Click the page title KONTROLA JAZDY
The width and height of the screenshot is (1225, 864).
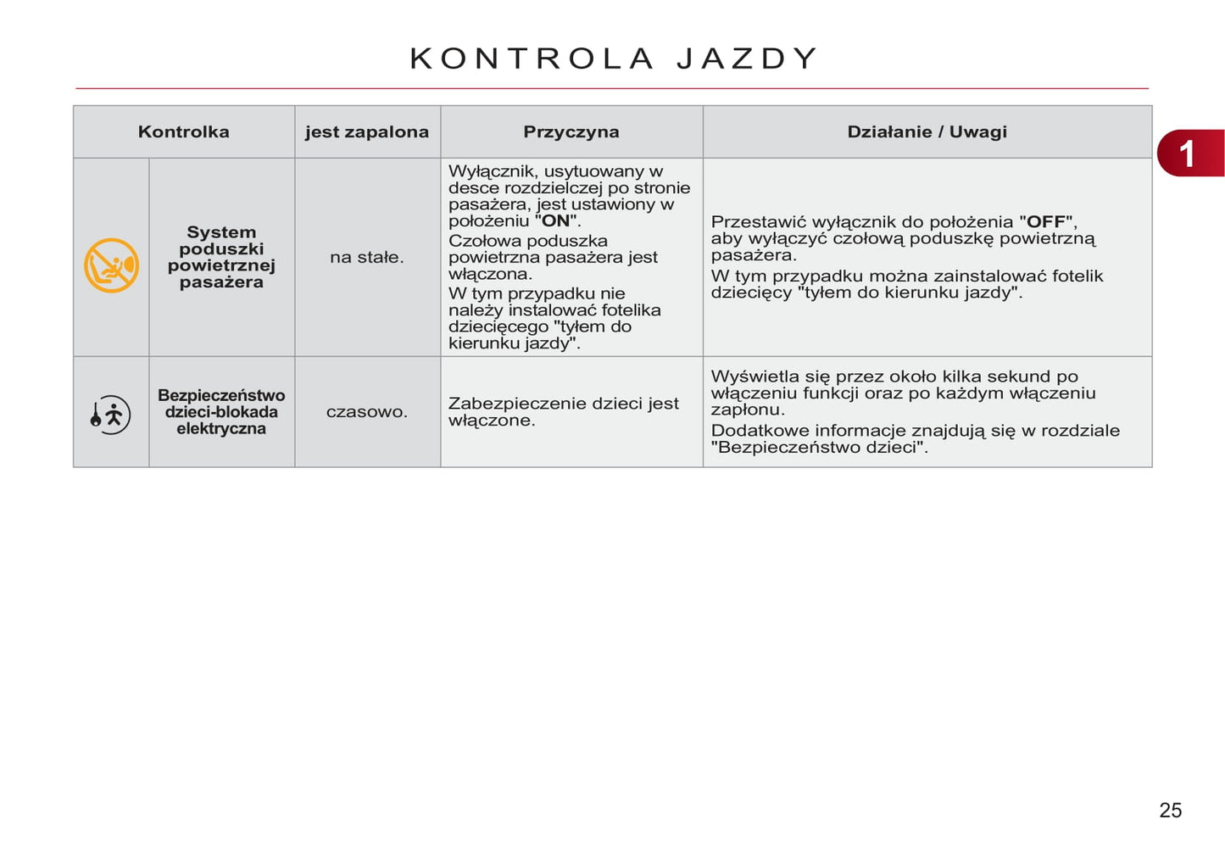[x=614, y=59]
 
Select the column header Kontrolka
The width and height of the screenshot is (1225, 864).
[x=183, y=132]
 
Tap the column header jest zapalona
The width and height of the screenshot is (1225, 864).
[x=367, y=132]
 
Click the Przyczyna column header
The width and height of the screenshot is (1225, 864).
[x=571, y=132]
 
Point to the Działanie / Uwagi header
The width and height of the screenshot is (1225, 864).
[x=927, y=132]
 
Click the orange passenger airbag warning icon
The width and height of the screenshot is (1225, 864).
[x=111, y=265]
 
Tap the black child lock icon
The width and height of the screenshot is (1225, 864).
[x=110, y=415]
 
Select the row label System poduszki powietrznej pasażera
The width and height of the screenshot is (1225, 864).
[x=221, y=257]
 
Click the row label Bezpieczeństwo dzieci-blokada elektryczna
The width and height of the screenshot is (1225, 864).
[x=221, y=412]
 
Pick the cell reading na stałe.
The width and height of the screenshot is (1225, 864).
[x=367, y=257]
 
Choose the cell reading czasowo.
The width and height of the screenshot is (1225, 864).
[x=367, y=412]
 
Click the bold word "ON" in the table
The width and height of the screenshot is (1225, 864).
[x=555, y=221]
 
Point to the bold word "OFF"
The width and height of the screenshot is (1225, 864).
[x=1047, y=222]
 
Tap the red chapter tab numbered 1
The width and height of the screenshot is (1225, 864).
[x=1189, y=153]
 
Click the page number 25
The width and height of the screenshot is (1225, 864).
[x=1170, y=811]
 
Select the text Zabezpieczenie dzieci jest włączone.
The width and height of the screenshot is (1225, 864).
[x=563, y=412]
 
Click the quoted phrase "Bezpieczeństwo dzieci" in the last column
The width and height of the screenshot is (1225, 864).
[x=819, y=447]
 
